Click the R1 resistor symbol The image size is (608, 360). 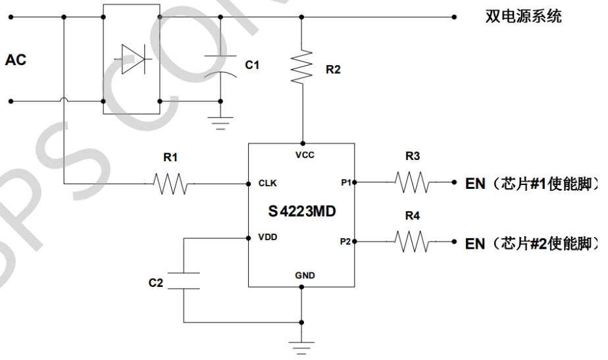point(170,184)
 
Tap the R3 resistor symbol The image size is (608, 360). point(413,182)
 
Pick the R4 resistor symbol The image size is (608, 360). point(413,242)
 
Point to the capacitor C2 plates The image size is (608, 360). point(184,280)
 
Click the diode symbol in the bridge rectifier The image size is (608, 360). point(132,60)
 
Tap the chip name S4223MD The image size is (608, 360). point(301,212)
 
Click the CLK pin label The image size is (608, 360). point(268,183)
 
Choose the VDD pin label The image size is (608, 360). point(268,238)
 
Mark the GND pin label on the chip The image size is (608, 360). point(305,275)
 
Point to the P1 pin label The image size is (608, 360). point(345,182)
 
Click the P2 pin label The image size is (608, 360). point(345,242)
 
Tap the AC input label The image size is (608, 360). point(16,60)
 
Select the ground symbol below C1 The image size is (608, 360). point(220,121)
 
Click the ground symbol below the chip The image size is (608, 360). point(301,347)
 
